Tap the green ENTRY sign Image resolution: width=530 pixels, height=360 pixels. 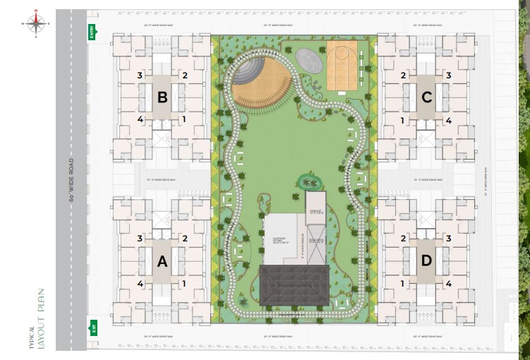point(91,32)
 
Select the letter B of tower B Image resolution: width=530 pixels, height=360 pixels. point(162,97)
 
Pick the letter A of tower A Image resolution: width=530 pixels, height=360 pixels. point(162,262)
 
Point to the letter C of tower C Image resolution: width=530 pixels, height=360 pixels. point(426,97)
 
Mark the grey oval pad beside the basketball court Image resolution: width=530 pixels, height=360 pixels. point(308,59)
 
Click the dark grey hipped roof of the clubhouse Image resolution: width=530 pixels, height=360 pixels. point(294,285)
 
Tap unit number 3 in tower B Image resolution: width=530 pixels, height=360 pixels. point(140,76)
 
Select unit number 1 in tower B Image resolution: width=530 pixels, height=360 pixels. point(184,120)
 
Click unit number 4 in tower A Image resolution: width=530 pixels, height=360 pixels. point(140,284)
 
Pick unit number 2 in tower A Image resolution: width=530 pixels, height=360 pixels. point(184,239)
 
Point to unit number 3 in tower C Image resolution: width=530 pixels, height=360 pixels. point(448,76)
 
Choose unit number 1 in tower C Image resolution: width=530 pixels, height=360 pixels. point(404,120)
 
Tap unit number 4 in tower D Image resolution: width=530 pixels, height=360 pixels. point(448,284)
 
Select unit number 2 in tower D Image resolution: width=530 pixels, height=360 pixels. point(404,239)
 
